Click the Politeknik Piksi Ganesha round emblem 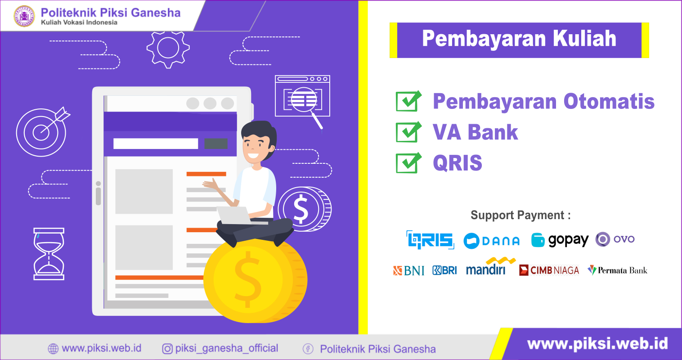[x=24, y=16]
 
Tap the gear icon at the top [x=168, y=49]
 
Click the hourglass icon [x=49, y=254]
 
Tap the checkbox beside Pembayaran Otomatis [x=408, y=101]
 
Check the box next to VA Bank [x=408, y=132]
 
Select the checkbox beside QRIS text [x=408, y=162]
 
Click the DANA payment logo [x=491, y=241]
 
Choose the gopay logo [x=560, y=240]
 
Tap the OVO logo [x=615, y=239]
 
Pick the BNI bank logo [x=408, y=270]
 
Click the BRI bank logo [x=444, y=270]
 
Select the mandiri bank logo [x=491, y=266]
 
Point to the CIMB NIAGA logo [x=549, y=270]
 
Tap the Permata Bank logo [x=618, y=270]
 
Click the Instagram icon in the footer [x=167, y=349]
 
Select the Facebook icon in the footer [x=308, y=349]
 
